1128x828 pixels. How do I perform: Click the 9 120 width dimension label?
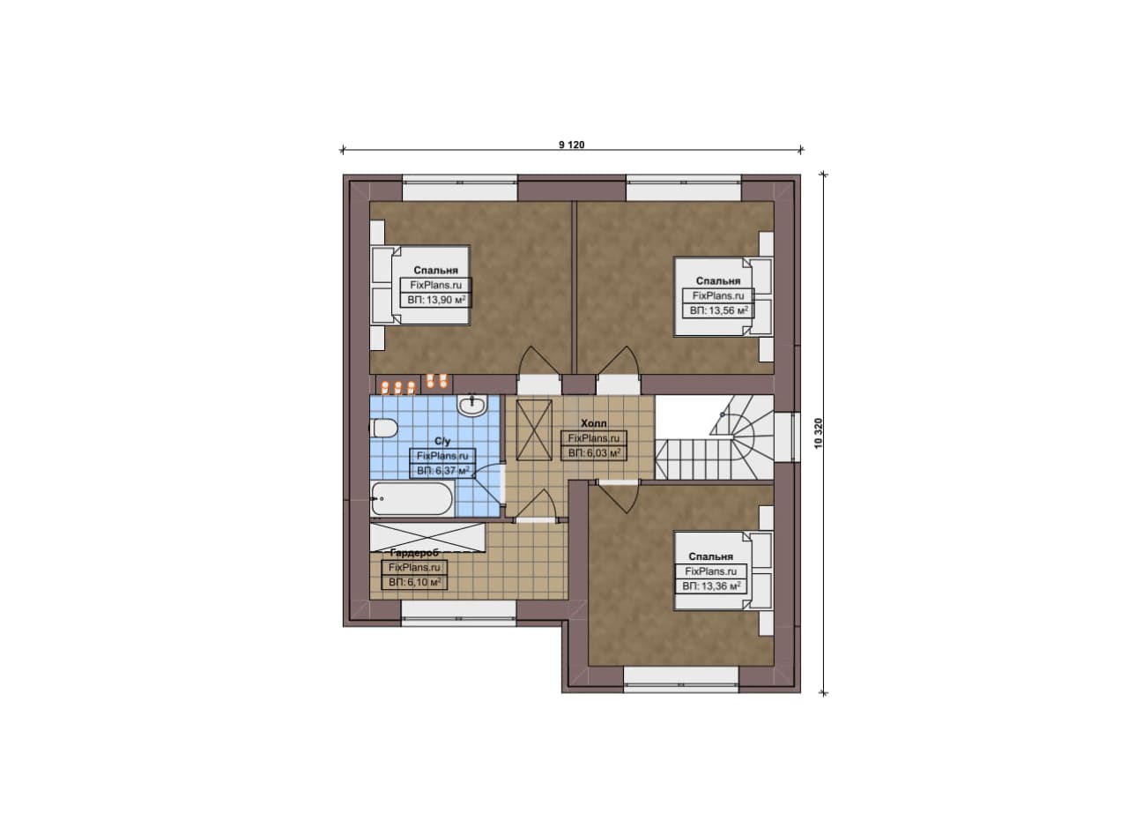(572, 145)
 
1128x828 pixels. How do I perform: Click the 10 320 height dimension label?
(818, 434)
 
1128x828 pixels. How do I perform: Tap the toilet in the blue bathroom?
(383, 429)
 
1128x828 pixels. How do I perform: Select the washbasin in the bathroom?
(471, 405)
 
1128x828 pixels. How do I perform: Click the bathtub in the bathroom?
(412, 499)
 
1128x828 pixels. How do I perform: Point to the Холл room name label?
(594, 423)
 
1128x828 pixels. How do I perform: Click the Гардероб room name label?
(414, 553)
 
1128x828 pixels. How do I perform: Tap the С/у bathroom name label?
(442, 442)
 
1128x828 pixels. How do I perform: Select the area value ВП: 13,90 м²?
(436, 301)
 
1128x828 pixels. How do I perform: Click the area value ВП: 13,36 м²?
(711, 586)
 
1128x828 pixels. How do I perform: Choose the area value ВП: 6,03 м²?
(594, 453)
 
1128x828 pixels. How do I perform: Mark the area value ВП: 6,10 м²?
(414, 583)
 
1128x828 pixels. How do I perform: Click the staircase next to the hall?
(715, 437)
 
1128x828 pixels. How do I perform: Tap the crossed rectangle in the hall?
(535, 430)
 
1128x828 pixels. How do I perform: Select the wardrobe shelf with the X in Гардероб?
(427, 537)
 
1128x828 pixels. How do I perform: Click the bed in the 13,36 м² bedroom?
(724, 571)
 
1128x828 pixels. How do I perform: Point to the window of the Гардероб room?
(459, 614)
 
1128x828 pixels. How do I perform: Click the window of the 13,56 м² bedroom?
(684, 188)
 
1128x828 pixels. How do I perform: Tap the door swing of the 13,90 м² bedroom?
(539, 361)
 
